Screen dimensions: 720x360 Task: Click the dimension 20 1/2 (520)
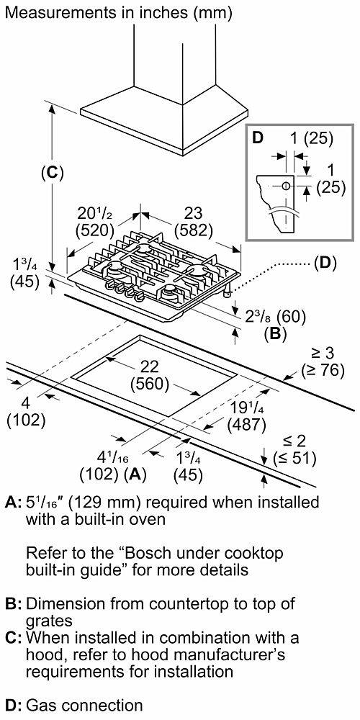94,222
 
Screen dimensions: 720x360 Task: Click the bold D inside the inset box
257,138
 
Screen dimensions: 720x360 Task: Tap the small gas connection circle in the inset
287,186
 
